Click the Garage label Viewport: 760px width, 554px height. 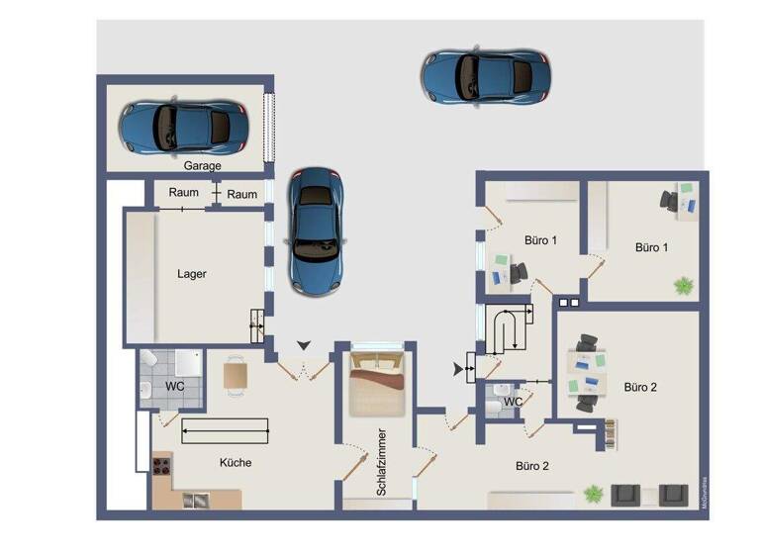pyautogui.click(x=202, y=166)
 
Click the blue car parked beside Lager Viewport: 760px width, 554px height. pyautogui.click(x=317, y=229)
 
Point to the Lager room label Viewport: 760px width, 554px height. pyautogui.click(x=192, y=274)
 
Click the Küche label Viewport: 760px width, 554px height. pyautogui.click(x=235, y=462)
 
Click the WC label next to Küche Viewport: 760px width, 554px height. pyautogui.click(x=175, y=385)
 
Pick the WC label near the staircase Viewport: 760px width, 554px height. pyautogui.click(x=513, y=402)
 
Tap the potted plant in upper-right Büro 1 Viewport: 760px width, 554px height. pyautogui.click(x=683, y=286)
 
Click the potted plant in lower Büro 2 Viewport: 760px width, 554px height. pyautogui.click(x=593, y=492)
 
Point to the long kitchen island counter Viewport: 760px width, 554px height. pyautogui.click(x=225, y=429)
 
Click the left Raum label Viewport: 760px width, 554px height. pyautogui.click(x=183, y=193)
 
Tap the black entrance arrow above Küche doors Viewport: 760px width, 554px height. pyautogui.click(x=304, y=343)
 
